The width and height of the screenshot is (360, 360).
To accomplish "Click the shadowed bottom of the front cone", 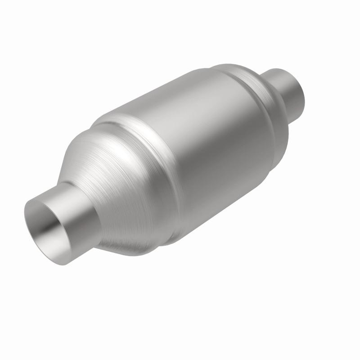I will click(126, 238).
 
